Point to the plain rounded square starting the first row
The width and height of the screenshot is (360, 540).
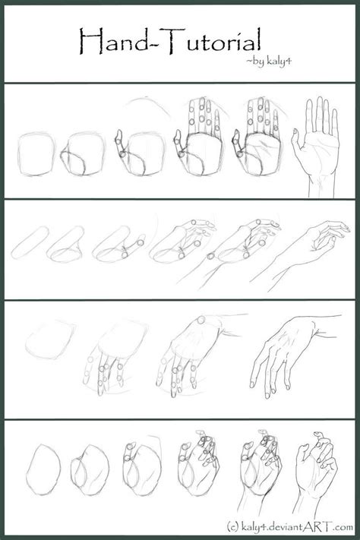[x=36, y=156]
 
